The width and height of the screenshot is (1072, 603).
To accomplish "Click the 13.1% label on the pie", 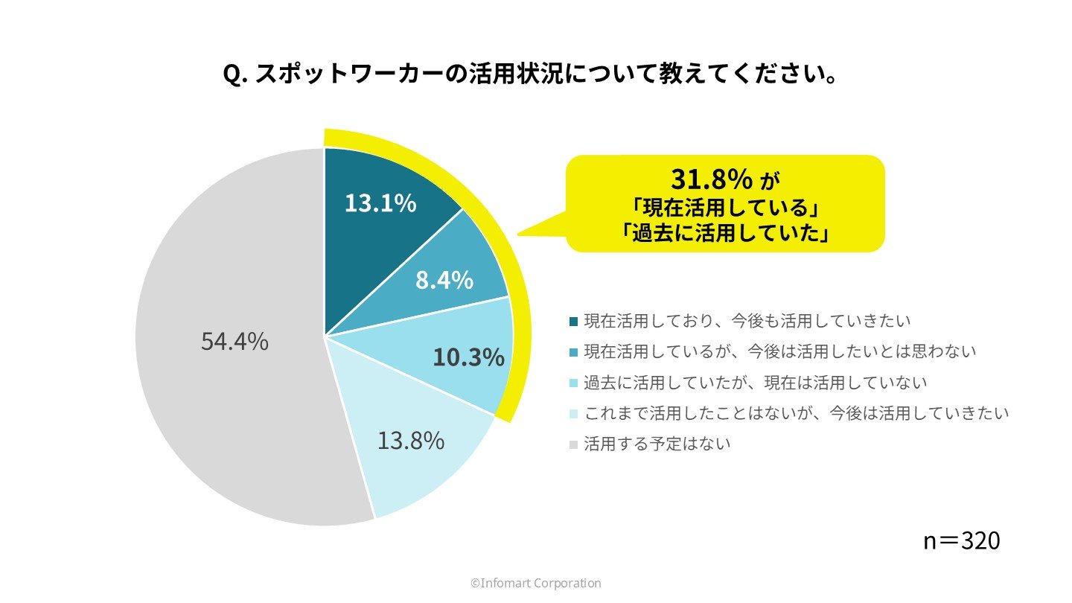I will (x=380, y=202).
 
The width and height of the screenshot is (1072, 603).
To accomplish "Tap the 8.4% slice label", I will (x=444, y=280).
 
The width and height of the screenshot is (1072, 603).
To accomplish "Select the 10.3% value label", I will (x=468, y=358).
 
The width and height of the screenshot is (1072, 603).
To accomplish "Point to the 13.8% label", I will (x=410, y=441).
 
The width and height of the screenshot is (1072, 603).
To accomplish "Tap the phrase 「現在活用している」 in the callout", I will (x=725, y=205).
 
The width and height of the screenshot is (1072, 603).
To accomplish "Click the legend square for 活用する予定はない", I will (x=573, y=445).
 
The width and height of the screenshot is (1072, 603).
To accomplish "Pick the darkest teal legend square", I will (x=573, y=322).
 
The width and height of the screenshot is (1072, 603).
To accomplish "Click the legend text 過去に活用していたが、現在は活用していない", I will (x=756, y=383).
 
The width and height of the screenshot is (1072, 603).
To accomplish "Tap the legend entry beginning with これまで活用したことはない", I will (x=797, y=413).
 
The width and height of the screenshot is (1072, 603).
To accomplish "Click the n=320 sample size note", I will (x=961, y=541).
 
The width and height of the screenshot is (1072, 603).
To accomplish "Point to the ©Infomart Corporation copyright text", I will (x=535, y=584).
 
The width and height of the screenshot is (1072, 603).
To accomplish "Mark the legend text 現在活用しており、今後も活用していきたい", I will (x=747, y=321).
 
